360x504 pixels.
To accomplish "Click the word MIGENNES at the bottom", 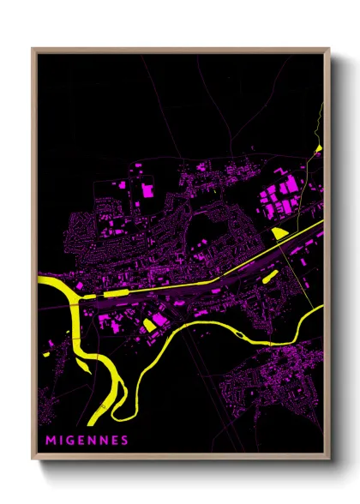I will coord(87,441).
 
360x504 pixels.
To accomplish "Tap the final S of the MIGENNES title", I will coord(125,441).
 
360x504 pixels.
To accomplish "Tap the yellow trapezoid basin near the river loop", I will coord(149,323).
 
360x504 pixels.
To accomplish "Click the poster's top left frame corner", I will coord(33,50).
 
